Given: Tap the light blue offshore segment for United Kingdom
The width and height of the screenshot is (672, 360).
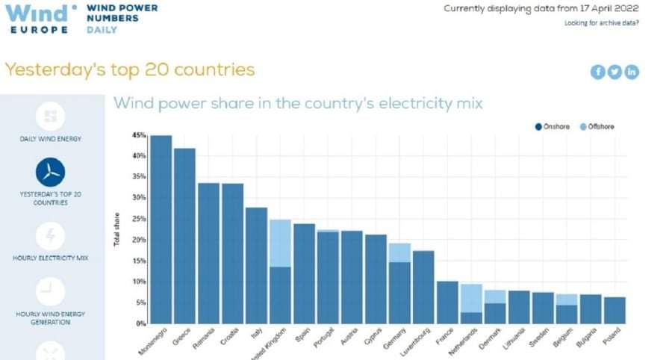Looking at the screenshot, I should pos(280,243).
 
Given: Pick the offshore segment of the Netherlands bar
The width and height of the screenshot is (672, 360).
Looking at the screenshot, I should pos(471,298).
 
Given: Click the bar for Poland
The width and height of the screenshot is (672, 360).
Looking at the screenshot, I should pos(615,310).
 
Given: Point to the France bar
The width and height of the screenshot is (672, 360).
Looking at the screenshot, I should pos(447,302).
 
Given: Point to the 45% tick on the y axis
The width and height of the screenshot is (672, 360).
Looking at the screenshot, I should pos(139,135).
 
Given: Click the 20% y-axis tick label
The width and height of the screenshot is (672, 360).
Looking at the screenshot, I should pos(139,240).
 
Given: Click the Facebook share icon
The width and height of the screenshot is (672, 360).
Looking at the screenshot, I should pos(597,72).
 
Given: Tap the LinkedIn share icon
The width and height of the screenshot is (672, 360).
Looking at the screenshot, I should pos(632,72).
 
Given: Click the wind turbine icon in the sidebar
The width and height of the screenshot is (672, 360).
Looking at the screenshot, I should pos(50,172).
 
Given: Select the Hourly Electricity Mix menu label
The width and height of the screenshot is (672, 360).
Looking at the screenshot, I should pos(50,258).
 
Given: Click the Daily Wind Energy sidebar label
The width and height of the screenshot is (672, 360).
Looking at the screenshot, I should pos(50,139).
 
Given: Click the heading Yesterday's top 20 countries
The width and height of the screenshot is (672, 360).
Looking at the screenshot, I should pos(130,70).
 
